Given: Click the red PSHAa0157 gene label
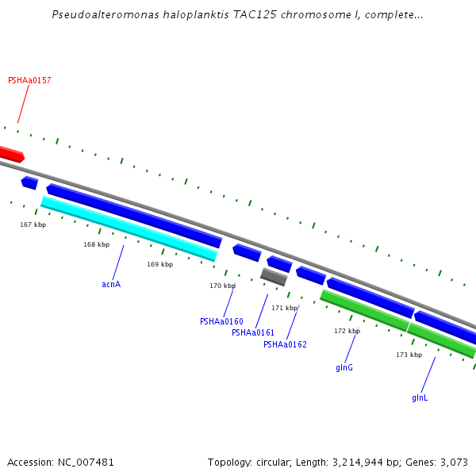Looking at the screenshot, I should (x=29, y=81).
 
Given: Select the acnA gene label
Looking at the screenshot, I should (x=111, y=284).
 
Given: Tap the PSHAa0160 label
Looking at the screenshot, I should (x=221, y=322).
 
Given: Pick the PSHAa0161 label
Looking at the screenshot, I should (x=253, y=333).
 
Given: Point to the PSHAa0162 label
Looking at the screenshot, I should (x=285, y=345).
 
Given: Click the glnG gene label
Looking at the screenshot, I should (x=344, y=368).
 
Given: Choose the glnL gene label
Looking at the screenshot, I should (x=420, y=397).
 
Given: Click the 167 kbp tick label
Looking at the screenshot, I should (x=33, y=225).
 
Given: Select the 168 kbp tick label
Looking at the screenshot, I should (x=96, y=244).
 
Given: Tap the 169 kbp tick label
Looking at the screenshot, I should (x=159, y=265).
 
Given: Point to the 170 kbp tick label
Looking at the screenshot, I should (x=222, y=286).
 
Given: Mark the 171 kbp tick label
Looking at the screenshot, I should (x=284, y=308).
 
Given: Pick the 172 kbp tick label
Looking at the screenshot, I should (x=347, y=331).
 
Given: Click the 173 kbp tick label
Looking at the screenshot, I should (x=409, y=355).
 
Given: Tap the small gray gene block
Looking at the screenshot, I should (x=274, y=277).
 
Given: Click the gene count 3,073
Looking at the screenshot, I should (x=455, y=462).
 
